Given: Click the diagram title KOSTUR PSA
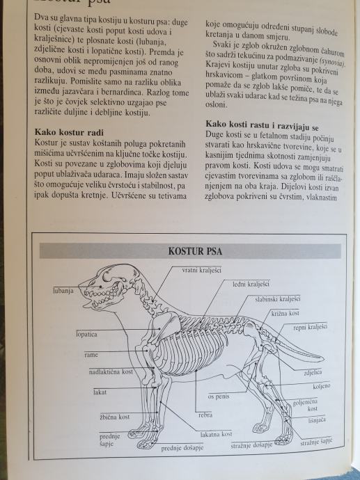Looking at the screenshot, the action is [x=195, y=251].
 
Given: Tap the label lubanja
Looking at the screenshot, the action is [x=63, y=291].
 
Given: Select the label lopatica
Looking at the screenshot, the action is [x=87, y=335].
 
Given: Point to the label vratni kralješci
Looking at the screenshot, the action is [x=202, y=271].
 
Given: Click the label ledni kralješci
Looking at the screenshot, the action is [x=251, y=284].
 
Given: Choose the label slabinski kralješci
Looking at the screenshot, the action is [x=278, y=298].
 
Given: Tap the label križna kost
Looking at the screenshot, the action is [x=285, y=313].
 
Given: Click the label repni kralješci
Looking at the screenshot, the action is [x=310, y=327].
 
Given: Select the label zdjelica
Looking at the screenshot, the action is [x=313, y=373].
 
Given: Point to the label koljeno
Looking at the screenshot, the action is [x=322, y=386].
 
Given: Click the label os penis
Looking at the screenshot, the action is [x=219, y=397].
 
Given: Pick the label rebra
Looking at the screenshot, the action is [x=205, y=415].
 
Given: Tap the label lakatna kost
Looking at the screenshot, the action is [x=217, y=434].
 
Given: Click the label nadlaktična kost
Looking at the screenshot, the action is [x=111, y=372].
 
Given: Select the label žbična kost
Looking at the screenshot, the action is [x=115, y=417].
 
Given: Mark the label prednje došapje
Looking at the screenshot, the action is [x=182, y=448].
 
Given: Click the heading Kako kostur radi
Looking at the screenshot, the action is [x=69, y=132].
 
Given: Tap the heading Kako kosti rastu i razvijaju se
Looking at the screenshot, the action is [x=262, y=125].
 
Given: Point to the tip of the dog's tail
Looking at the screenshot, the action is [x=324, y=358].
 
